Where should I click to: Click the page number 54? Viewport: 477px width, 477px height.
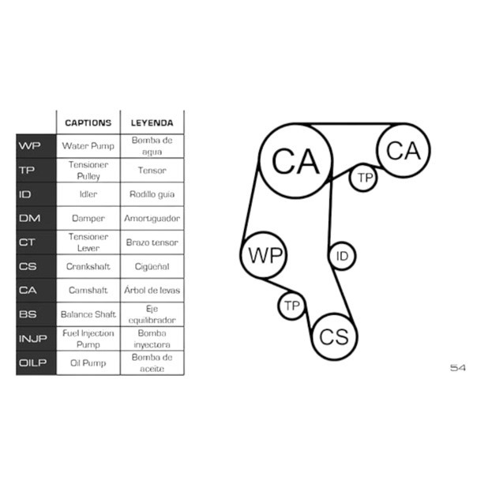click(x=457, y=368)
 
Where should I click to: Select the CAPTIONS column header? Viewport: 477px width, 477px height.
click(x=88, y=123)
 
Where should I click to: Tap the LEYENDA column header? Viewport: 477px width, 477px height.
click(x=152, y=123)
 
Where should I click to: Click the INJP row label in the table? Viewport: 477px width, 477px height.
click(x=33, y=338)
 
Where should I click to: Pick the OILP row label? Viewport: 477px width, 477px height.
click(x=33, y=362)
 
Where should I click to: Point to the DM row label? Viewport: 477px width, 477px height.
click(x=29, y=218)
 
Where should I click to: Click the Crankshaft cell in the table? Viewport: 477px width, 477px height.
click(x=88, y=266)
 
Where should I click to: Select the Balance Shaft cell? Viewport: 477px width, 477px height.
click(x=88, y=314)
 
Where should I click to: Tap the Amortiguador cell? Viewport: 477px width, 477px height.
click(x=152, y=219)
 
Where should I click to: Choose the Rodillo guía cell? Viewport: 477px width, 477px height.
click(x=152, y=194)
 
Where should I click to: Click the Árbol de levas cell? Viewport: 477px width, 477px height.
click(x=152, y=290)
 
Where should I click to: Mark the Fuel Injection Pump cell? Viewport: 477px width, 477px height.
click(x=88, y=339)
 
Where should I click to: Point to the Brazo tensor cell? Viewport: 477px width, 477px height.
click(x=152, y=242)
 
